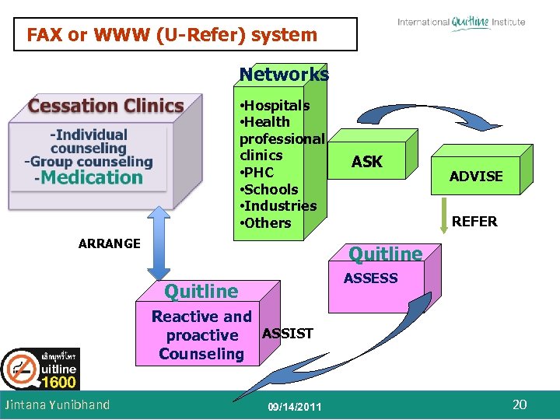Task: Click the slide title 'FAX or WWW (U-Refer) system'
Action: click(172, 35)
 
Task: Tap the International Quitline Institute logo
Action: click(460, 23)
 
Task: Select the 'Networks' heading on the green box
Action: click(284, 75)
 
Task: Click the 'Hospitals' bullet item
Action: click(276, 105)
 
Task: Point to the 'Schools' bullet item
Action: click(270, 189)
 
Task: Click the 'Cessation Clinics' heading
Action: click(106, 106)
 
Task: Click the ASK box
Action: click(367, 162)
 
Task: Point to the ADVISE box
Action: click(476, 177)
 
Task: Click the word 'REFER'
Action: click(474, 222)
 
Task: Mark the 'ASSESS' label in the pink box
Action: click(371, 278)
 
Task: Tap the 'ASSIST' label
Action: click(288, 334)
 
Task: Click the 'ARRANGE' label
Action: click(110, 243)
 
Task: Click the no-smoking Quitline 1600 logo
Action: click(39, 369)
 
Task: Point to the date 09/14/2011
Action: click(294, 407)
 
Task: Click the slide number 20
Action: click(520, 404)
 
